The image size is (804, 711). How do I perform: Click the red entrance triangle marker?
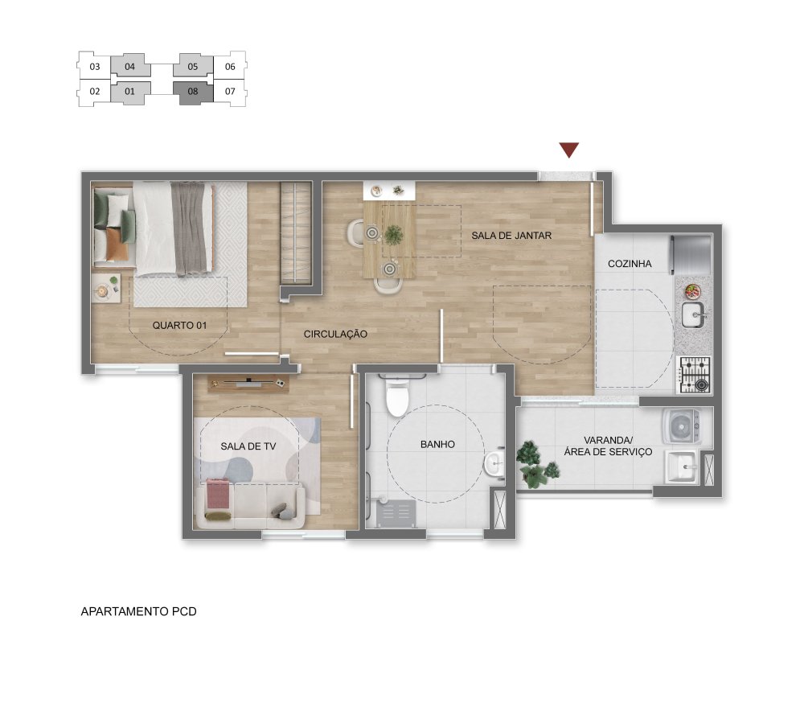pos(569,150)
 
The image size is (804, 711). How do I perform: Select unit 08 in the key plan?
pos(193,92)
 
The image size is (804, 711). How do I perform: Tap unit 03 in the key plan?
pos(94,67)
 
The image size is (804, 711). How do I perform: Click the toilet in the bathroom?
pos(397,397)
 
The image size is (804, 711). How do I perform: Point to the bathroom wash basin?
pos(494,464)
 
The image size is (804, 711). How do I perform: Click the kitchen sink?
pos(694,314)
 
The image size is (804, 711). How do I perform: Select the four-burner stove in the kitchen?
pos(695,375)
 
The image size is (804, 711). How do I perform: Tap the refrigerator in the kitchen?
pos(691,254)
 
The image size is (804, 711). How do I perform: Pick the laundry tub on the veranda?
pos(681,466)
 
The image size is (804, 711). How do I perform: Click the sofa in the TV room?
pos(251,505)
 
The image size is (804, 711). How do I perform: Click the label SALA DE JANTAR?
pos(511,236)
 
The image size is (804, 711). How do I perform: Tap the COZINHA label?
pos(630,264)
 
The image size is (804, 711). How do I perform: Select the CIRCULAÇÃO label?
pos(335,334)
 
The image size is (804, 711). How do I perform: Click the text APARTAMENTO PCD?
pos(138,611)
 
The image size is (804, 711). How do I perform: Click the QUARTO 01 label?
pos(179,325)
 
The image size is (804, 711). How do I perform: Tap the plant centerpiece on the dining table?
pos(394,235)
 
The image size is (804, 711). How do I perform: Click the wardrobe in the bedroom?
pos(297,232)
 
